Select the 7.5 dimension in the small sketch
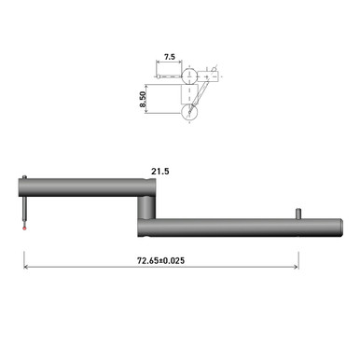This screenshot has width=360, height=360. click(x=169, y=57)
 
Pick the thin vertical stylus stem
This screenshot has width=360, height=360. click(x=25, y=207)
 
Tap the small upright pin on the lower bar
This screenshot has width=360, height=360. click(x=299, y=214)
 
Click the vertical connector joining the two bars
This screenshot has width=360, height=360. click(x=147, y=210)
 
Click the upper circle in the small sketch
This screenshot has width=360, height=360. click(x=189, y=76)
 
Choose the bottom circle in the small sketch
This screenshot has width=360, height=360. click(x=190, y=112)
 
